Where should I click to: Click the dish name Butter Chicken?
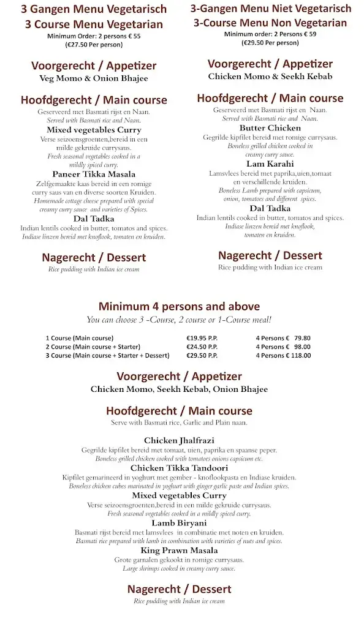coord(270,128)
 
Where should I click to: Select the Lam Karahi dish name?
coord(270,164)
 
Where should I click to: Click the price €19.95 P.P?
coord(202,338)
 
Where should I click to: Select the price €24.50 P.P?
coord(202,347)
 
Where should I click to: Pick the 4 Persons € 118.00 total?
coord(283,355)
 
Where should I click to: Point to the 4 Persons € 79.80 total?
coord(283,338)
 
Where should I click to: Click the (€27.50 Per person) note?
coord(94,45)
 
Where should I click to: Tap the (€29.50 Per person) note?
coord(270,43)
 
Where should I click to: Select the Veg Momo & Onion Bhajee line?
coord(94,78)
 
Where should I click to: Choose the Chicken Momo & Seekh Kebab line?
coord(270,77)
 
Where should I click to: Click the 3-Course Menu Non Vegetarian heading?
coord(270,23)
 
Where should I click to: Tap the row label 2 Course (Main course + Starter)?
coord(93,347)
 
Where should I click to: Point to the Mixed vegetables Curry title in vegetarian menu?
coord(94,130)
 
